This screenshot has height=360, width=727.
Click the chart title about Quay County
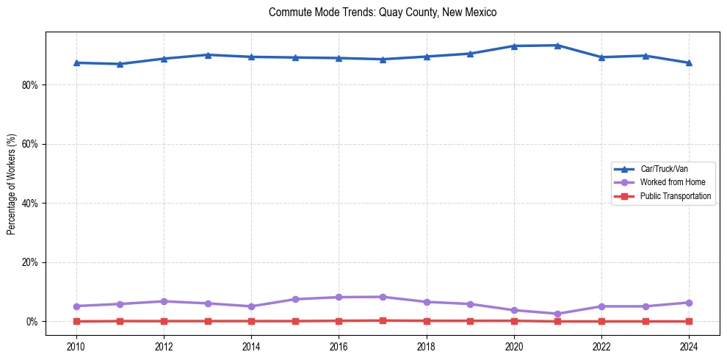click(383, 12)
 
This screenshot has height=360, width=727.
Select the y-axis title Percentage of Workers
click(11, 184)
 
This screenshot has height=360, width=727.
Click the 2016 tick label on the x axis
click(339, 345)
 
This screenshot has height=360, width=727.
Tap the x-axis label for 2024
click(689, 345)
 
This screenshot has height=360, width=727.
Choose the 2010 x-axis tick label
click(76, 345)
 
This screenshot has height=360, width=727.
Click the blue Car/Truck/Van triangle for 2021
click(557, 46)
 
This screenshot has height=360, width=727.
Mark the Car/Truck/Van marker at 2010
click(76, 62)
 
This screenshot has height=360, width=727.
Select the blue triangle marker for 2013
click(208, 55)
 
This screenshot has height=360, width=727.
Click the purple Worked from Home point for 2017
click(383, 297)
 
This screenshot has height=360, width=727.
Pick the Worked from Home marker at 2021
click(557, 314)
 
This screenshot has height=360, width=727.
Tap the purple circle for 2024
click(689, 303)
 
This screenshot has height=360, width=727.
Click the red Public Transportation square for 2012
click(164, 321)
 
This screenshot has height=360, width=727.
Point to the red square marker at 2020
click(514, 320)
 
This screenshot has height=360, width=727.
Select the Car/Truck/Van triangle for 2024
click(689, 62)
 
